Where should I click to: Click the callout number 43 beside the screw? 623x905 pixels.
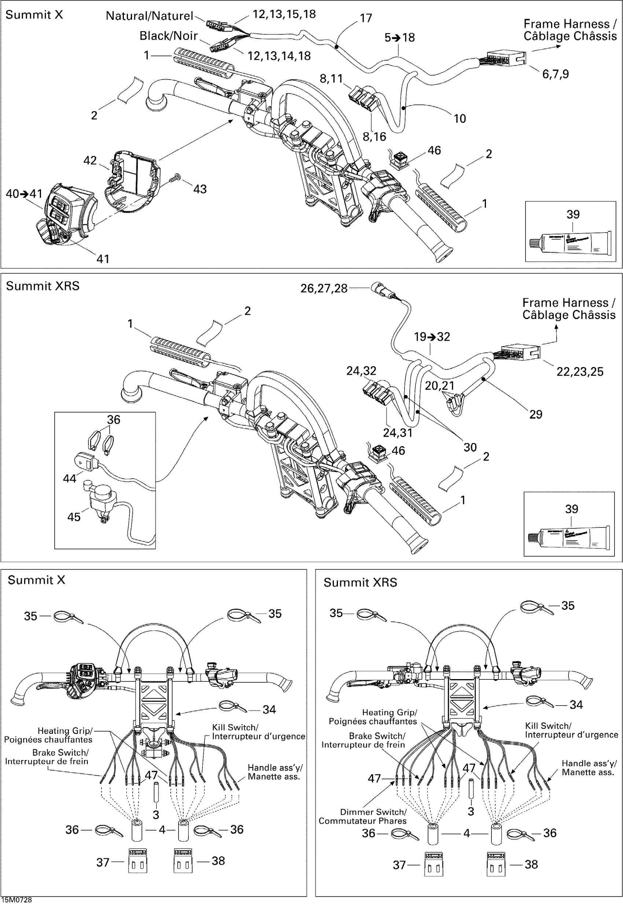click(200, 189)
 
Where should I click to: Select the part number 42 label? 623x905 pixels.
click(90, 161)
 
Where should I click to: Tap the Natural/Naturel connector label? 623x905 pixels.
click(150, 16)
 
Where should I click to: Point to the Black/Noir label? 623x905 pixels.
click(169, 36)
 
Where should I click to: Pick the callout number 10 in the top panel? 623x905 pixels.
click(460, 118)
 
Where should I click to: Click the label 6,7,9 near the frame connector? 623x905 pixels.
click(556, 74)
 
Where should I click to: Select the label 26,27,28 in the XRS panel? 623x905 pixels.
click(324, 289)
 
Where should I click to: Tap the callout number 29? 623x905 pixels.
click(535, 414)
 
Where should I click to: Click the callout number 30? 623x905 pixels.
click(470, 447)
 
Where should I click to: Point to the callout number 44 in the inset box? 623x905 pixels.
click(70, 478)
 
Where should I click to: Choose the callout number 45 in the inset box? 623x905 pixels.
click(74, 517)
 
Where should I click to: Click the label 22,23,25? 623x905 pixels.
click(580, 371)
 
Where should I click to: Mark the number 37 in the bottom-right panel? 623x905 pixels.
click(399, 865)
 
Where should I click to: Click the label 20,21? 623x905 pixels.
click(439, 385)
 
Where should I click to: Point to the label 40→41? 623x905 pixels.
click(24, 194)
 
